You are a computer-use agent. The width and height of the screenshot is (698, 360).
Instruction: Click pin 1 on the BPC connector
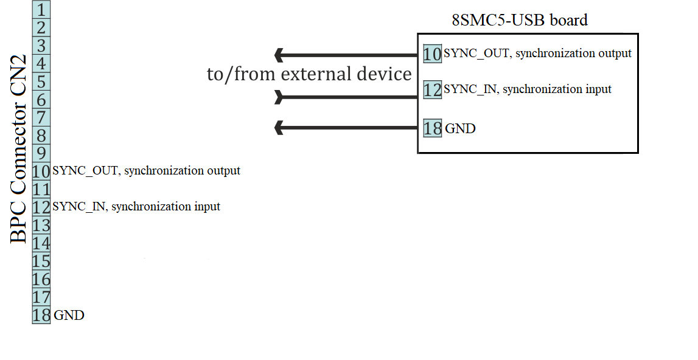(41, 10)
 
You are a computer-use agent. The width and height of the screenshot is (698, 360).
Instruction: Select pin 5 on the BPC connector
(41, 82)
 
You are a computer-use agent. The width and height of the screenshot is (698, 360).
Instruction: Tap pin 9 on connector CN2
(41, 153)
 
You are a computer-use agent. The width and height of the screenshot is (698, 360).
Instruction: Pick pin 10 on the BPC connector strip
(41, 171)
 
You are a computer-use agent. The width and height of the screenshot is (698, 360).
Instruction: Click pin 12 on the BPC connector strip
(41, 207)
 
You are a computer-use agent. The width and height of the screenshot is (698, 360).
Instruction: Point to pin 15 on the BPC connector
(41, 261)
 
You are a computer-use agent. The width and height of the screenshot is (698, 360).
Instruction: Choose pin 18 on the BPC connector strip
(41, 315)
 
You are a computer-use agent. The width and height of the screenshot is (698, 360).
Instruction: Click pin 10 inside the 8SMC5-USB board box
(432, 54)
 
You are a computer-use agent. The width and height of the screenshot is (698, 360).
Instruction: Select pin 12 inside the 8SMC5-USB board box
(432, 90)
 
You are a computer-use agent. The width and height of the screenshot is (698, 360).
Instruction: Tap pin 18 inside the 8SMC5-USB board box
(432, 128)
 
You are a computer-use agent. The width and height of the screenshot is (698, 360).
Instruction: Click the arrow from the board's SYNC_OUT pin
(346, 55)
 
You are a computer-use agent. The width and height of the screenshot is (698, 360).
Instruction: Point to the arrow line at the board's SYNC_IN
(346, 97)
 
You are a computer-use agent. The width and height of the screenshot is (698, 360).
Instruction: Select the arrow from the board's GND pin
(346, 128)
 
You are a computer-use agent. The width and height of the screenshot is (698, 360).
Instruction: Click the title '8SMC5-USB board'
(520, 20)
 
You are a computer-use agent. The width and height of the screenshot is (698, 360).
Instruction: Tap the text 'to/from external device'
(309, 74)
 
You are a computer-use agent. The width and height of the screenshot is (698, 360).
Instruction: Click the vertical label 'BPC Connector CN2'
(18, 149)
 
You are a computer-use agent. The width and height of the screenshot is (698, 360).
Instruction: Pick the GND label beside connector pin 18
(69, 315)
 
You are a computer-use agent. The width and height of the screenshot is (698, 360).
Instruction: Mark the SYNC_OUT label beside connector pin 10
(147, 171)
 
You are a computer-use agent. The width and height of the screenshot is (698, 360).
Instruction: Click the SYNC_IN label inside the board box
(528, 89)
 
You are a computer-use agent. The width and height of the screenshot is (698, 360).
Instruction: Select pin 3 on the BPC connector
(41, 46)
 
